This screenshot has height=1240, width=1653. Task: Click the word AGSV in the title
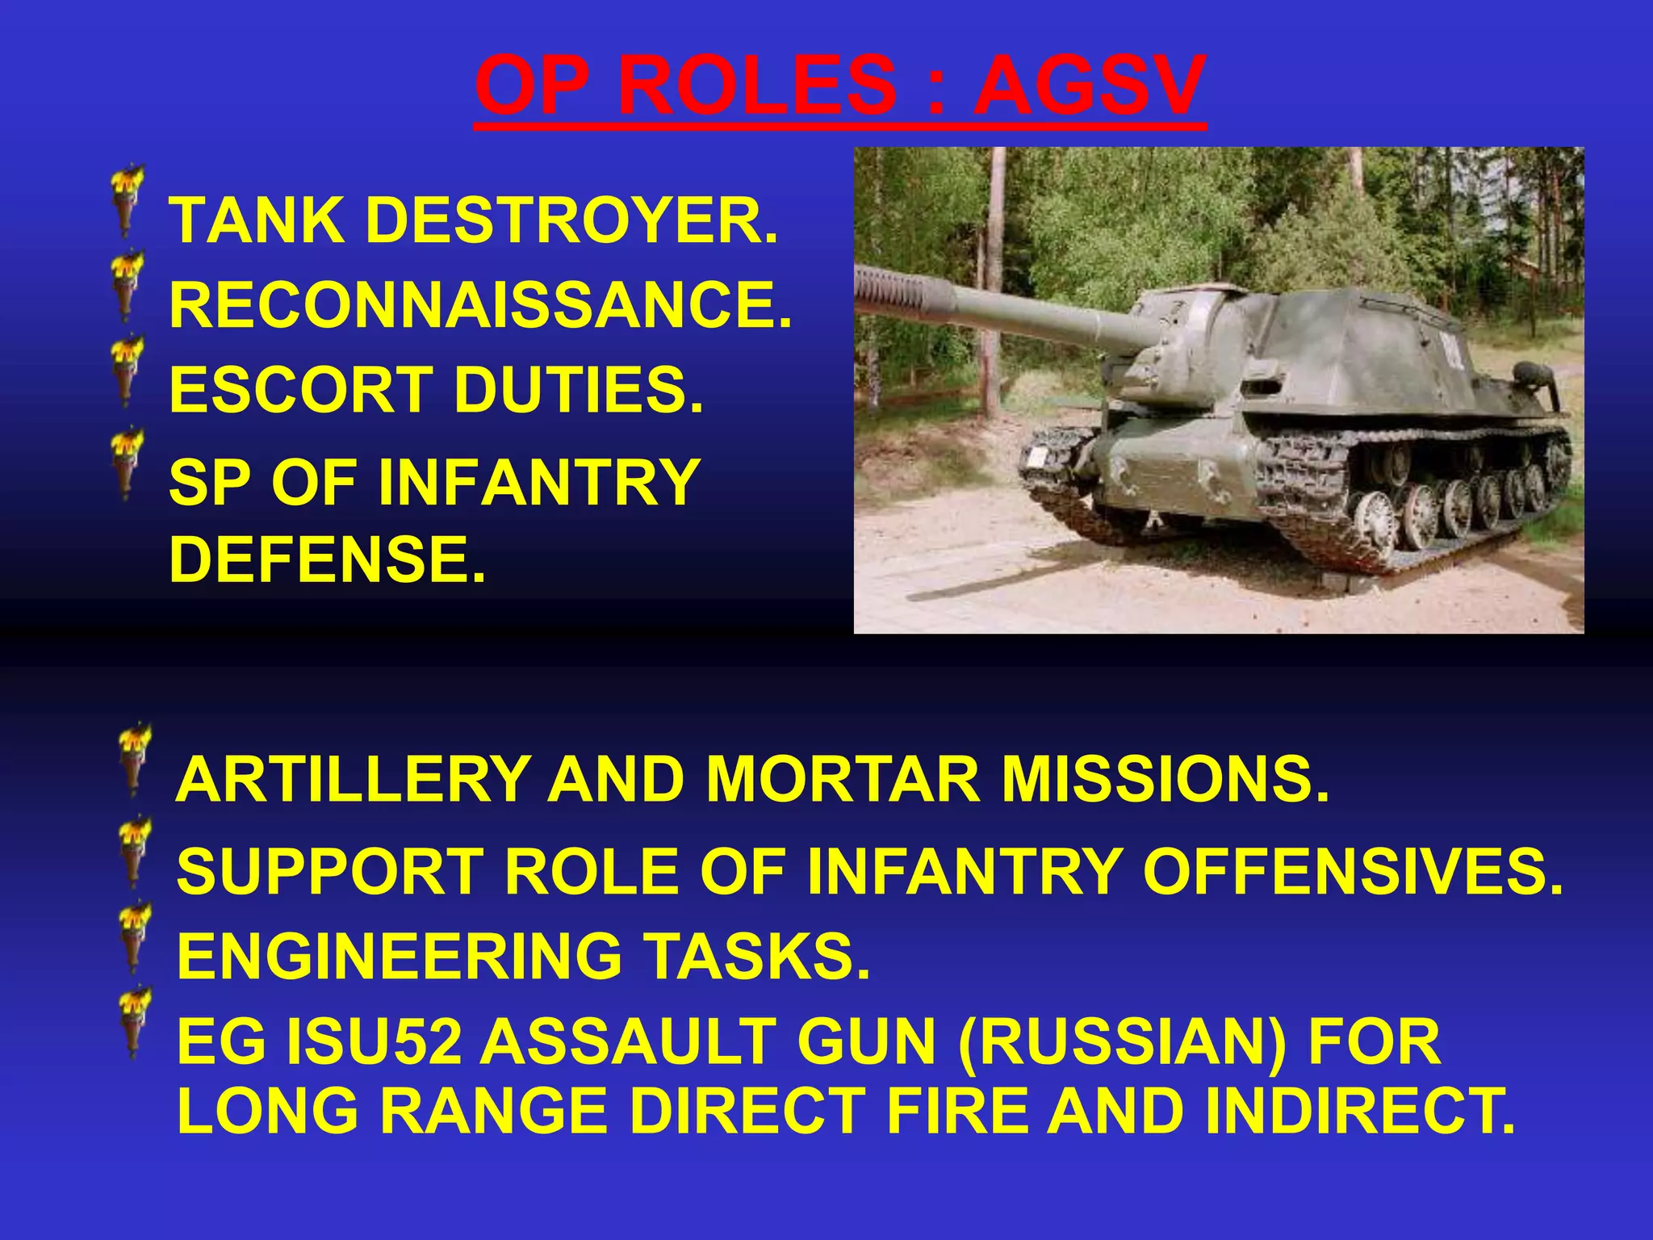point(1089,86)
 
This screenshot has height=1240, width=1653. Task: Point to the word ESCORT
point(299,390)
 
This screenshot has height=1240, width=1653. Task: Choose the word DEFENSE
point(327,559)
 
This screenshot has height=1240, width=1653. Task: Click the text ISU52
point(375,1042)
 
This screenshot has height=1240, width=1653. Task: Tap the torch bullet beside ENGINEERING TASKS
point(133,936)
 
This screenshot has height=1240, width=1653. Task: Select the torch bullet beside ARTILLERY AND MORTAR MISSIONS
point(133,759)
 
